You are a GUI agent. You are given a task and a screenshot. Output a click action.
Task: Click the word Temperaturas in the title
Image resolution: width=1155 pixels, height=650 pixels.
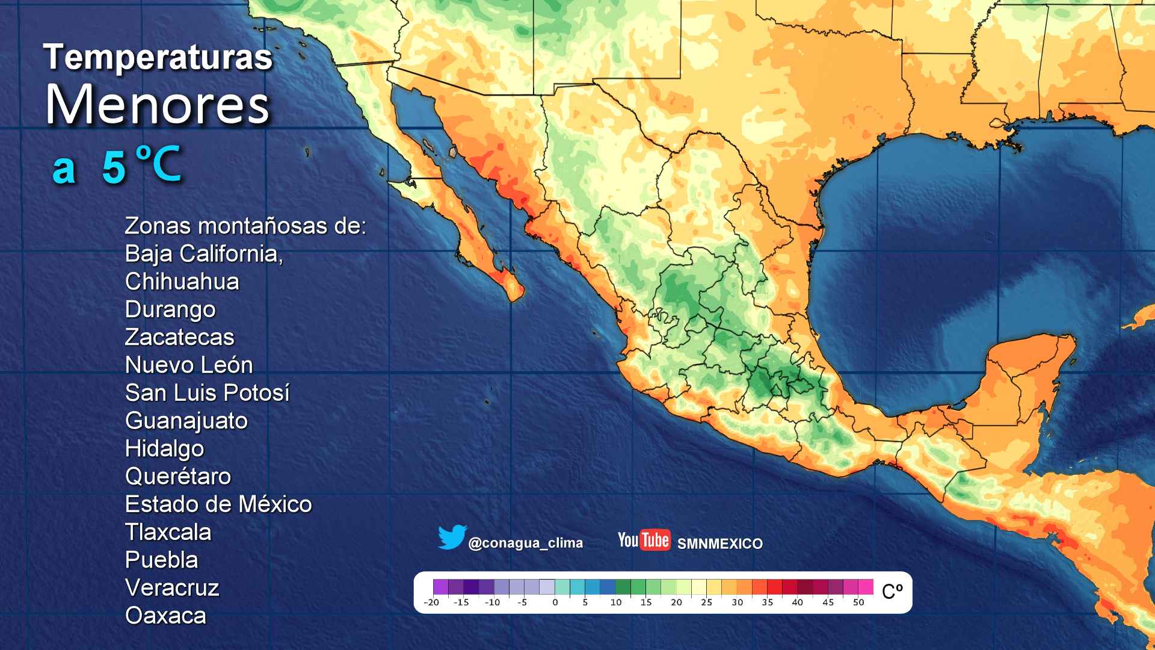(158, 58)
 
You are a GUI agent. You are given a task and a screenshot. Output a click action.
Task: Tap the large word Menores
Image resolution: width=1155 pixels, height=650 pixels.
(158, 105)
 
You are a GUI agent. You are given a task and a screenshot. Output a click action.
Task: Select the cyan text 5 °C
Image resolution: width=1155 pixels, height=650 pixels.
(141, 164)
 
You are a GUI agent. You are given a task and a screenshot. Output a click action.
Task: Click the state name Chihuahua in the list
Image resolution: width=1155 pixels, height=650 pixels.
(182, 282)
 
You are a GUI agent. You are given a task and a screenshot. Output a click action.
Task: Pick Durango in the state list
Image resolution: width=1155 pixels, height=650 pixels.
(170, 309)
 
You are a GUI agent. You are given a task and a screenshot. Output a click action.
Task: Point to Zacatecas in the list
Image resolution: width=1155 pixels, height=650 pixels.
(179, 337)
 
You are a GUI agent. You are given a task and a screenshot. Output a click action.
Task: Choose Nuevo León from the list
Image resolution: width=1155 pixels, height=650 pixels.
(189, 365)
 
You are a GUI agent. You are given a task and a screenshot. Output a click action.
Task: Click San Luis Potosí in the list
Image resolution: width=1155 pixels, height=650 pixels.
(207, 393)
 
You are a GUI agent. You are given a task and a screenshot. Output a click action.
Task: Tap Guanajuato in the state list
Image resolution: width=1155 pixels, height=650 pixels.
(186, 421)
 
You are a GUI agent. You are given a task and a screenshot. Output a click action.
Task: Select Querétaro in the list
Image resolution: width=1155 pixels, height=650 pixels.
(177, 476)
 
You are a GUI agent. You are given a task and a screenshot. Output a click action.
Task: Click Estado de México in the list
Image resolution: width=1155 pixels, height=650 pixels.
(218, 504)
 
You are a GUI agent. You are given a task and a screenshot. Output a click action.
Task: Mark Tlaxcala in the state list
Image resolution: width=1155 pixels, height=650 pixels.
(168, 532)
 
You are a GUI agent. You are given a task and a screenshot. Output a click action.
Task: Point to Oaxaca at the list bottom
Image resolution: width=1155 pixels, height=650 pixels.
(165, 616)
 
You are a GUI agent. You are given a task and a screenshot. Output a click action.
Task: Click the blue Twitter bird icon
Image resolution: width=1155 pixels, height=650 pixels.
(452, 537)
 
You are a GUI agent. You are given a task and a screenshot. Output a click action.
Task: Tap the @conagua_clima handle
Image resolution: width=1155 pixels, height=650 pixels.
(525, 543)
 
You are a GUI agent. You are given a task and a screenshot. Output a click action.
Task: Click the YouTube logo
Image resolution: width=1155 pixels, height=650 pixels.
(644, 540)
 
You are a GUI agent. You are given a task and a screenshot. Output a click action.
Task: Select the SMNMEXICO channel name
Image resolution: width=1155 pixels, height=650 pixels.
(719, 543)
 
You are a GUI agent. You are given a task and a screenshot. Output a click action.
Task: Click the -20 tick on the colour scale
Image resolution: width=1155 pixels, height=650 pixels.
(431, 602)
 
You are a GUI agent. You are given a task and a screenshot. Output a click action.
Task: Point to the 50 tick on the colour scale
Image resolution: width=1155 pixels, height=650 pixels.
(858, 602)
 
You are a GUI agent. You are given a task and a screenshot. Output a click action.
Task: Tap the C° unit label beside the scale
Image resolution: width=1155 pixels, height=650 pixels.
(892, 592)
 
